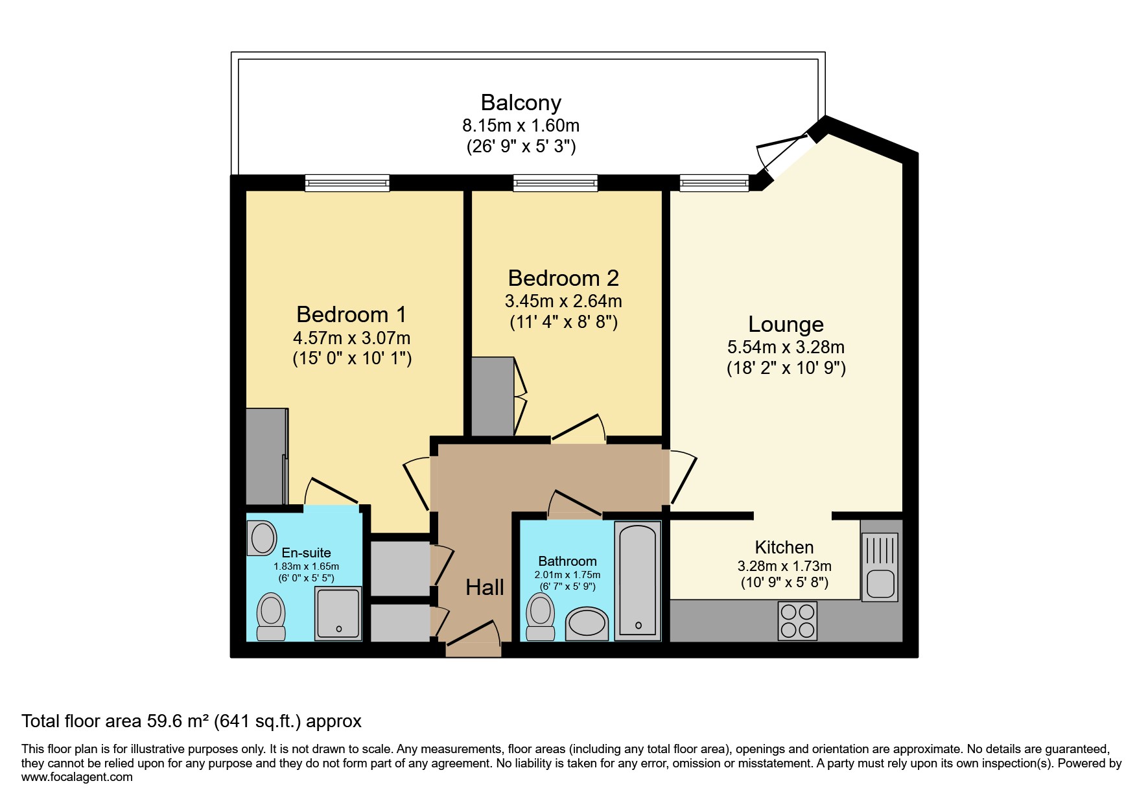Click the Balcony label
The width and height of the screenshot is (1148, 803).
click(x=521, y=102)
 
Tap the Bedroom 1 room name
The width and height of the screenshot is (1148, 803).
click(x=351, y=314)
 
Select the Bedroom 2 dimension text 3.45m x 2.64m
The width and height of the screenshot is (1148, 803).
click(x=563, y=301)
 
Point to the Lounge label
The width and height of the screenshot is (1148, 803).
click(x=786, y=324)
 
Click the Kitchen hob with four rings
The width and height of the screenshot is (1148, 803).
click(x=798, y=621)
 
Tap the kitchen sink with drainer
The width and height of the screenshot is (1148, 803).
click(x=880, y=566)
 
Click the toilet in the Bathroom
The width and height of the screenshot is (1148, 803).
click(x=540, y=618)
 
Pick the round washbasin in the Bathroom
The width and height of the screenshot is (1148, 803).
click(x=587, y=624)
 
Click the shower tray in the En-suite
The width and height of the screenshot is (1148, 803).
click(x=338, y=613)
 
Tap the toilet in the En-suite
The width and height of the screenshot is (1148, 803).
click(x=271, y=617)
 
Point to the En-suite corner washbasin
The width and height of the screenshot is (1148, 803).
click(x=262, y=538)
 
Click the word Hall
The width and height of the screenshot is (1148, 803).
click(x=484, y=587)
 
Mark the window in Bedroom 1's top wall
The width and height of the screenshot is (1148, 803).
click(x=347, y=183)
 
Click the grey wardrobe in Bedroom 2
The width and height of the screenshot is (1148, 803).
click(x=492, y=396)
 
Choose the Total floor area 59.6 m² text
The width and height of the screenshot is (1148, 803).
click(x=191, y=721)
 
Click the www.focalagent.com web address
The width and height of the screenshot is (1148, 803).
click(x=76, y=776)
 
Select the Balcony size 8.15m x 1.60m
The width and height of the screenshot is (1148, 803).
click(x=521, y=125)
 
